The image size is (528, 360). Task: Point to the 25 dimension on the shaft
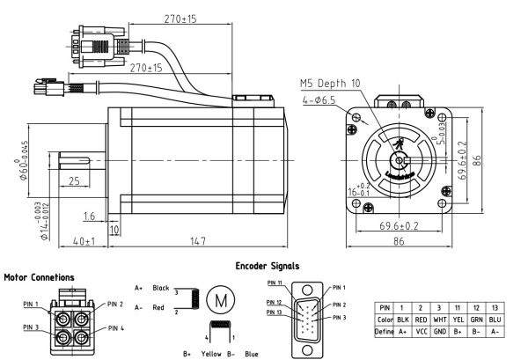pyautogui.click(x=74, y=180)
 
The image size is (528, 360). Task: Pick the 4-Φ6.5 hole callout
pyautogui.click(x=320, y=99)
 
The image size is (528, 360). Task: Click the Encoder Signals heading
pyautogui.click(x=268, y=265)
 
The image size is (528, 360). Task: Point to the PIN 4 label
pyautogui.click(x=118, y=326)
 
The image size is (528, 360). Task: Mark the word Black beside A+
pyautogui.click(x=160, y=288)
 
